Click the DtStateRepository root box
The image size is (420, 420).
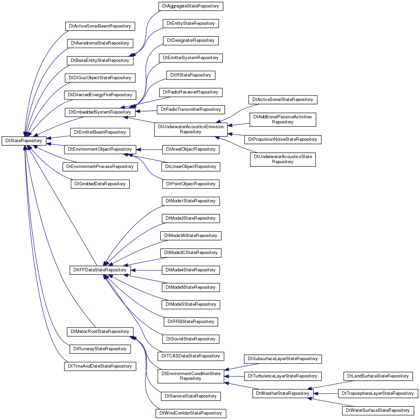pos(24,141)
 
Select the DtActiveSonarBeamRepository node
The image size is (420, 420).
pos(100,26)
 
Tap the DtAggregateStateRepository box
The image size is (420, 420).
pos(191,6)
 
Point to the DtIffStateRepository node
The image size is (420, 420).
pos(191,75)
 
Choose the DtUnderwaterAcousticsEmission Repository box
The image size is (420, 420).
pos(191,130)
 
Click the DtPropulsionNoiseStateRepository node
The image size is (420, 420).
pos(283,139)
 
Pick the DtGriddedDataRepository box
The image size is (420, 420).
pos(100,184)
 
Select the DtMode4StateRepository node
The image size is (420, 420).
pos(191,270)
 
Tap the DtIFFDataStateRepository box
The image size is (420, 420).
pos(100,270)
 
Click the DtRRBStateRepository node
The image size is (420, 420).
pos(191,322)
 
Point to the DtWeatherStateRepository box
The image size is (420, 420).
pos(283,393)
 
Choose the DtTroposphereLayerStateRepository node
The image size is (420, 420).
pos(378,393)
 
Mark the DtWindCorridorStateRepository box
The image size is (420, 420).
pos(191,413)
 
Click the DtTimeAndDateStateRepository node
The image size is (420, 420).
pos(100,366)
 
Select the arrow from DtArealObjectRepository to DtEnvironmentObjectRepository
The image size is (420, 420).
pos(149,150)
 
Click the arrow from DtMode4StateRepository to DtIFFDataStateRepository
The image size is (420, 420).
pos(146,270)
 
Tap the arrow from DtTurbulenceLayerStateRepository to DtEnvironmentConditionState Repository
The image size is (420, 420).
pos(234,376)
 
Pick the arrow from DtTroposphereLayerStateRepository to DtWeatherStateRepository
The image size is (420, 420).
pos(325,393)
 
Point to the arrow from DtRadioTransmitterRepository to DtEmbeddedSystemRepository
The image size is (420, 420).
pos(146,111)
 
